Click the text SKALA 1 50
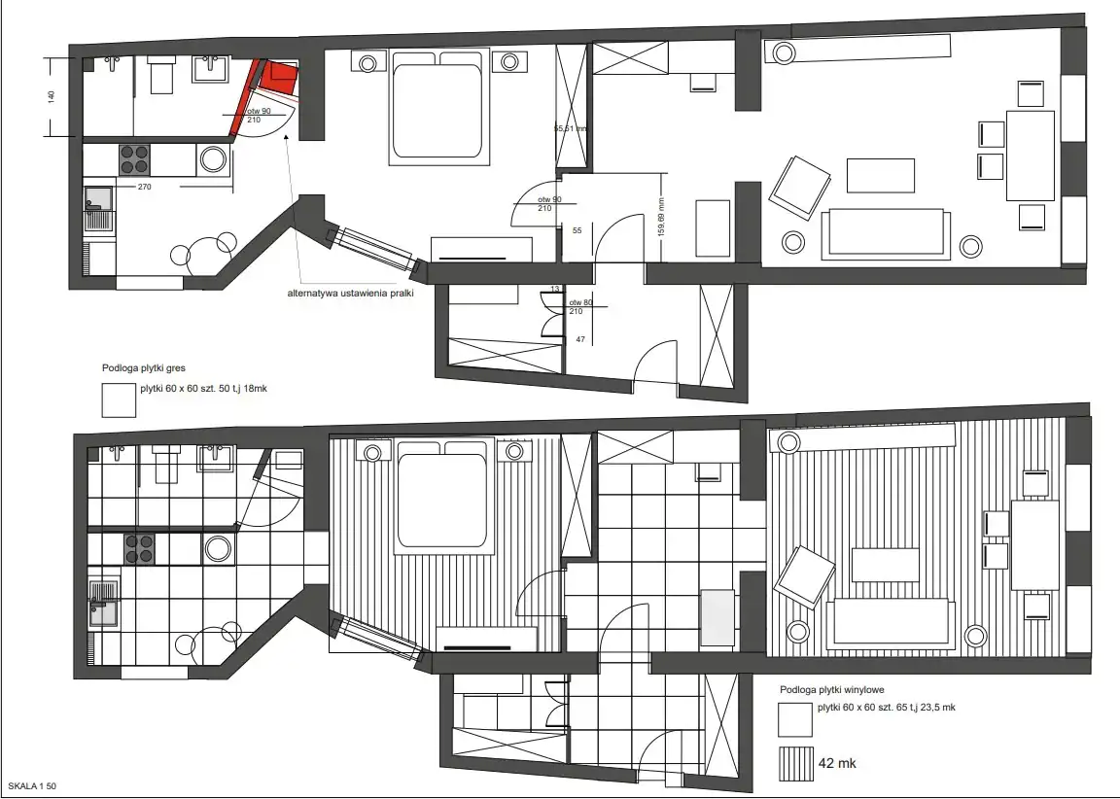click(32, 786)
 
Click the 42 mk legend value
click(837, 763)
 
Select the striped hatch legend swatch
click(795, 763)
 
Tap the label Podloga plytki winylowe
click(832, 690)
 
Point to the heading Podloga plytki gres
click(144, 368)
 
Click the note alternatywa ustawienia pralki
click(351, 293)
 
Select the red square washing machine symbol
click(279, 77)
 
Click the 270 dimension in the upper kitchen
click(144, 187)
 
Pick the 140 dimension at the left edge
click(51, 96)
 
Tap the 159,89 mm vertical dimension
click(661, 217)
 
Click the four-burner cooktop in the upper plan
click(134, 159)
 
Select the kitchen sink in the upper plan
click(99, 209)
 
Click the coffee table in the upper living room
click(881, 176)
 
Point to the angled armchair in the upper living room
click(800, 187)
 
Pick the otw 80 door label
click(580, 302)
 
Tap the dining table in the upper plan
click(1031, 156)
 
